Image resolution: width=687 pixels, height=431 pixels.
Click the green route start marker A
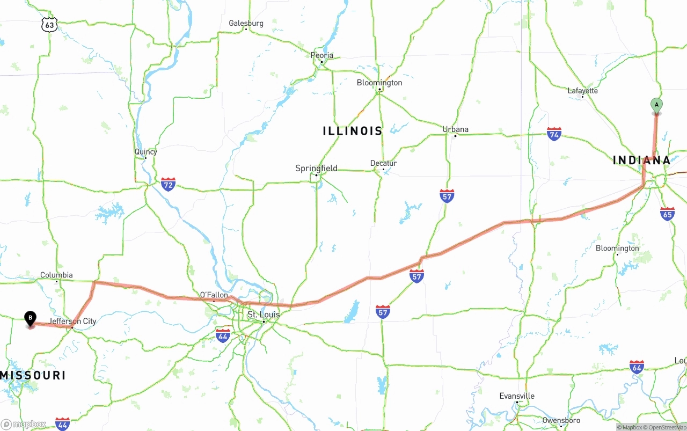point(656,105)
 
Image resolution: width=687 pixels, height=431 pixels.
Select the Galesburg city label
point(246,23)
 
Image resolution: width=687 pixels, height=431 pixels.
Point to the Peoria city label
point(322,55)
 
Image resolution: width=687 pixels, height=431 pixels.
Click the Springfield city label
point(316,169)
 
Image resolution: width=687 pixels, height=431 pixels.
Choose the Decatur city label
point(383,163)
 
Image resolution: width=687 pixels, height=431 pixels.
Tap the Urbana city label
point(455,129)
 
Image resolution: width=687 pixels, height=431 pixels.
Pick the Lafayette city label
point(582,91)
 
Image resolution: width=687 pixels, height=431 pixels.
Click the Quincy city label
point(145,152)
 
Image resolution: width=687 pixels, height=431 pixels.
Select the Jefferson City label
point(73,322)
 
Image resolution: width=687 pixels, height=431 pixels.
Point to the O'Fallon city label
point(214,295)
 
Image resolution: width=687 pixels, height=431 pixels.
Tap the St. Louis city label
point(263,315)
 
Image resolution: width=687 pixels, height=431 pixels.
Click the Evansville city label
point(517,396)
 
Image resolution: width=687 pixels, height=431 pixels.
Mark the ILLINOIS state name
point(353,131)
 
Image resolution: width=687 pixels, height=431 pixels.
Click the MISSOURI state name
point(33,375)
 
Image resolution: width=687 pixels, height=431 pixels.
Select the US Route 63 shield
point(49,25)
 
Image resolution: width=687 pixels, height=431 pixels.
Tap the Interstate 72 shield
point(168,184)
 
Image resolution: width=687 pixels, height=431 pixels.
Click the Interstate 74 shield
point(554,134)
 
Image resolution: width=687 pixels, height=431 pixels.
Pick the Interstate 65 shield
point(667,214)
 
